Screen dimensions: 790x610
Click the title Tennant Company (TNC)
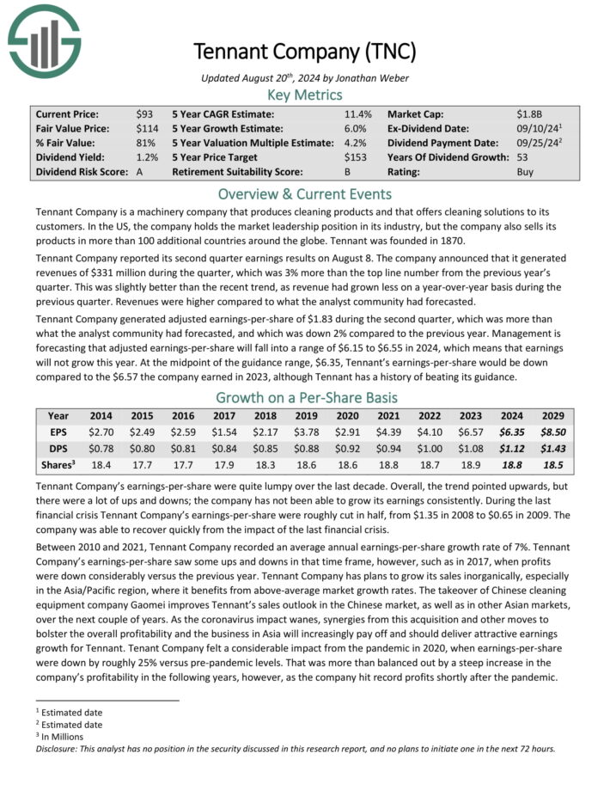tap(304, 51)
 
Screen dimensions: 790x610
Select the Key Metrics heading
tap(305, 95)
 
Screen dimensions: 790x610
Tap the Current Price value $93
tap(144, 113)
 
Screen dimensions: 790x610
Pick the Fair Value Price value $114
tap(147, 128)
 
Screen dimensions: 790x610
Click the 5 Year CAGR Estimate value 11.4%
tap(357, 113)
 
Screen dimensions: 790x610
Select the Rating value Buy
tap(525, 172)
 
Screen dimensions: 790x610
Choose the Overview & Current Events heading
tap(305, 193)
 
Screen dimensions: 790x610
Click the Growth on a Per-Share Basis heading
tap(305, 397)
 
